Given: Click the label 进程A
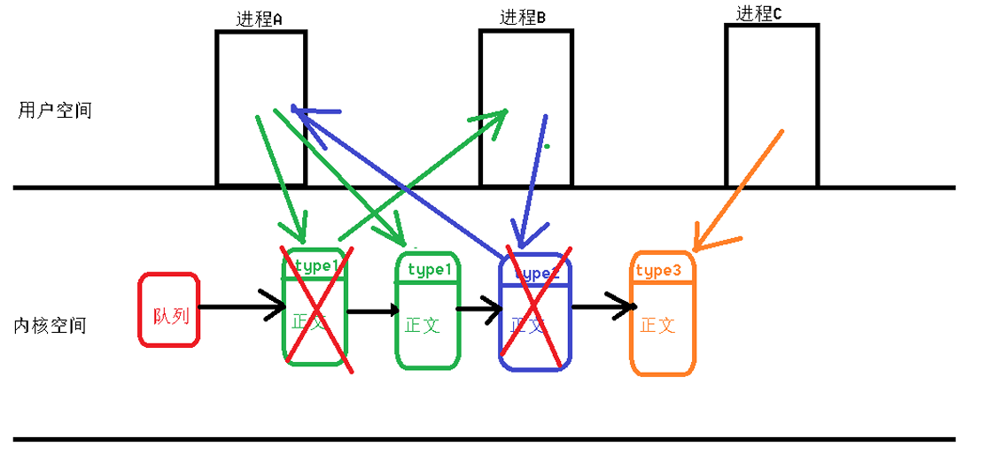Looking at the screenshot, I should (x=259, y=19).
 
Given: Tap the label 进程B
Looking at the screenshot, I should (x=523, y=17).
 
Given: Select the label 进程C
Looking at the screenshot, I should (x=759, y=13).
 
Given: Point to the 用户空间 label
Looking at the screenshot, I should (x=55, y=111).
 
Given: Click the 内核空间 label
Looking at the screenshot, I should (x=51, y=325).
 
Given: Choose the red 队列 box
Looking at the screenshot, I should (x=169, y=309).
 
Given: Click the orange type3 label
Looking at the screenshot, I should (x=658, y=271).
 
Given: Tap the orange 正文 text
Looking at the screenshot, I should (x=657, y=325).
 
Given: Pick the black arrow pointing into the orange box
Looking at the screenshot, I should (x=604, y=307).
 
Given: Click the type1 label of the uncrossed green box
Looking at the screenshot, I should (x=430, y=270).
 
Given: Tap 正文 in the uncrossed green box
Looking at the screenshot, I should (x=423, y=325).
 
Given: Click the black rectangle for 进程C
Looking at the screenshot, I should (x=772, y=105).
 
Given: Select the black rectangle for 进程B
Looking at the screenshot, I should (x=525, y=107).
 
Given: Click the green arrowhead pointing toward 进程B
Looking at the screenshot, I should (x=494, y=119).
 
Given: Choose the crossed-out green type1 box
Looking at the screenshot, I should (x=314, y=307).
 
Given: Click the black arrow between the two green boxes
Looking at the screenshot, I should (x=372, y=311).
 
